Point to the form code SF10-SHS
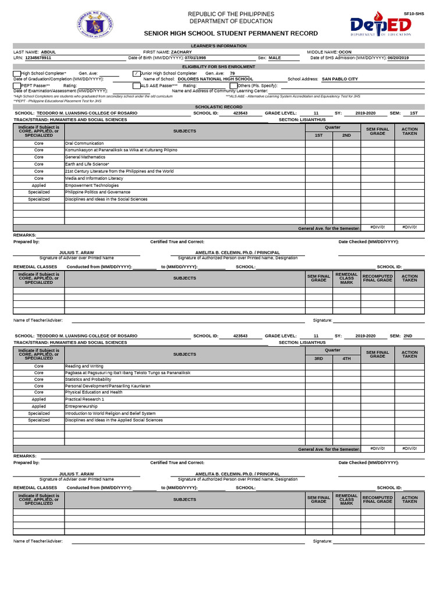pyautogui.click(x=414, y=13)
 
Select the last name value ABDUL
pyautogui.click(x=49, y=52)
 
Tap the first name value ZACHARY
pyautogui.click(x=181, y=52)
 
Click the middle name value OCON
pyautogui.click(x=345, y=52)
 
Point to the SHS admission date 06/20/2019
pyautogui.click(x=398, y=58)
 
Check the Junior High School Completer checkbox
pyautogui.click(x=137, y=73)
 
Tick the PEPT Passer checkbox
pyautogui.click(x=17, y=86)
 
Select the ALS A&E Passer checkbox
pyautogui.click(x=137, y=86)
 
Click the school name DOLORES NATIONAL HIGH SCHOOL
pyautogui.click(x=215, y=79)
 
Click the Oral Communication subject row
pyautogui.click(x=84, y=143)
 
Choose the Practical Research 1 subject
pyautogui.click(x=85, y=399)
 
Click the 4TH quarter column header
pyautogui.click(x=346, y=359)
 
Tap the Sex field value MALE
pyautogui.click(x=275, y=58)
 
